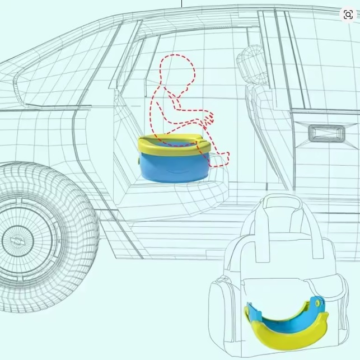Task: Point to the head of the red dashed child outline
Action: point(178,70)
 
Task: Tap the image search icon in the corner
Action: point(348,15)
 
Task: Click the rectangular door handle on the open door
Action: point(326,133)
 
